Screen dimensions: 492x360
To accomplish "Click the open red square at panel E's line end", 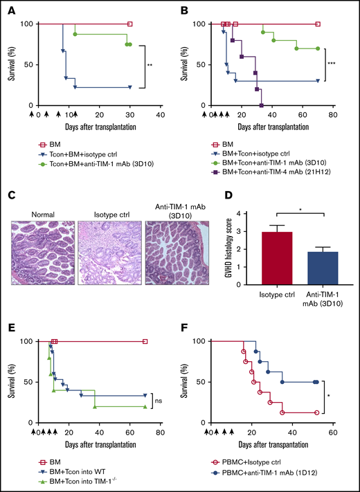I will point(145,341).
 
